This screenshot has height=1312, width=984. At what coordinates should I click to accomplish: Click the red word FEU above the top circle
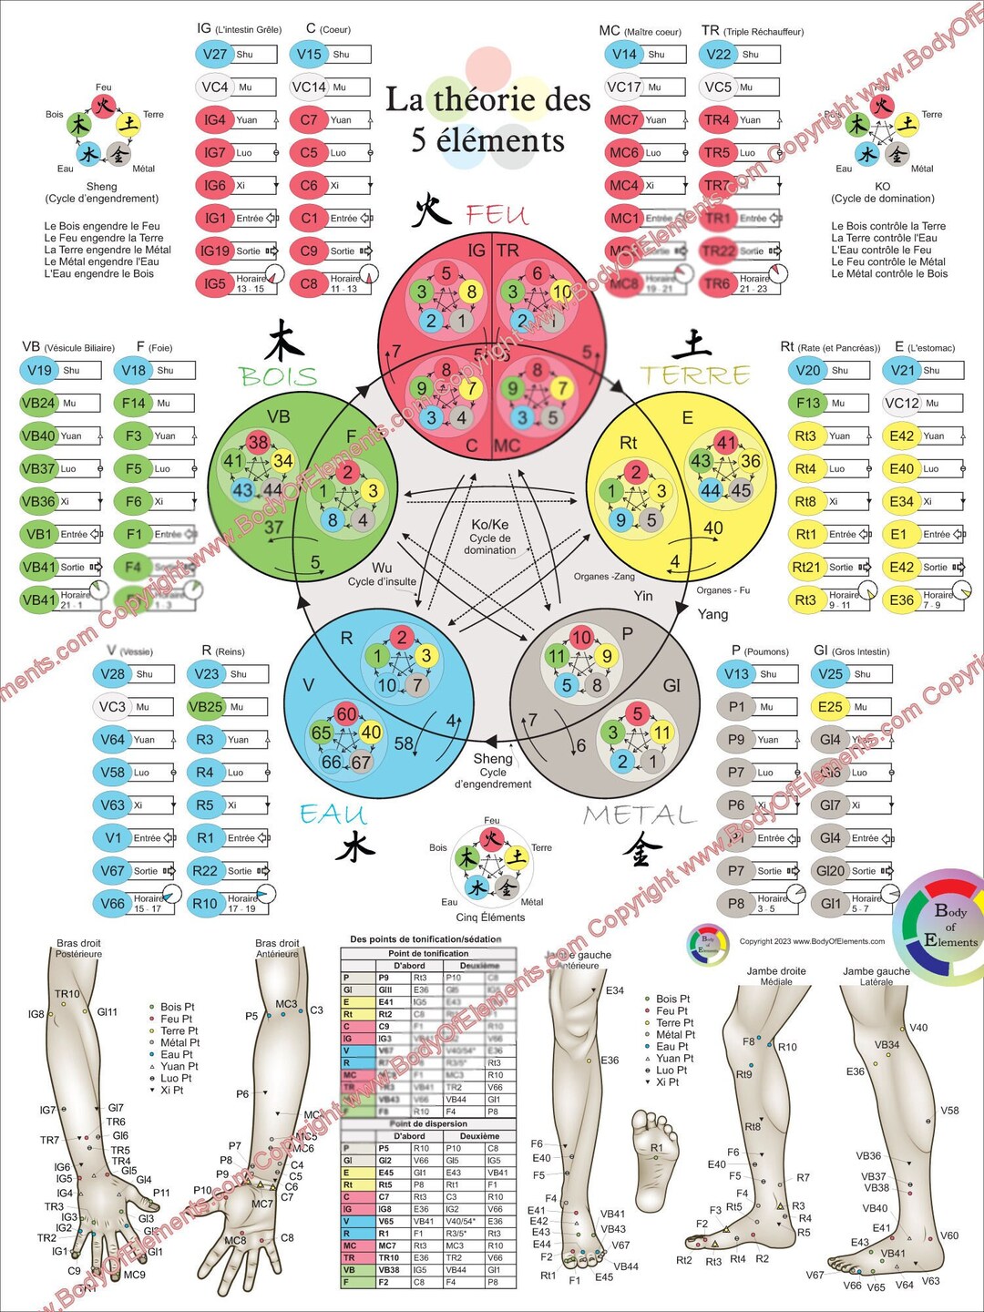[497, 215]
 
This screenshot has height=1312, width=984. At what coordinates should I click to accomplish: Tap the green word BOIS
[278, 376]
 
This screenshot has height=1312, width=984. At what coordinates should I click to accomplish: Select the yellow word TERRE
[695, 374]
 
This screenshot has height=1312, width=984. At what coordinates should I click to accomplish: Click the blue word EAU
[333, 814]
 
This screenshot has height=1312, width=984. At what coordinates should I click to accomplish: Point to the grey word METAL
[639, 814]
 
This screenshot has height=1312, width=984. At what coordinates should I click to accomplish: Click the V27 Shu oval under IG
[215, 54]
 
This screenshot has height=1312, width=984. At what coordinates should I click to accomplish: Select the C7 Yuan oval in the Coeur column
[310, 119]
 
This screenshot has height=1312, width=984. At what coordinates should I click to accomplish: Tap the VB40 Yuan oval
[38, 436]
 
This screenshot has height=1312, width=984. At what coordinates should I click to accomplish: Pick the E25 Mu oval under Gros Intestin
[830, 706]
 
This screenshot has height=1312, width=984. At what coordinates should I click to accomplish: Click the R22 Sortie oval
[205, 870]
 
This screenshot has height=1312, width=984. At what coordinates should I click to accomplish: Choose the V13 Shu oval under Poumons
[736, 673]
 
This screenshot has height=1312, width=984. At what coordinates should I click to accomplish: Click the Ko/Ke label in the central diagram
[490, 525]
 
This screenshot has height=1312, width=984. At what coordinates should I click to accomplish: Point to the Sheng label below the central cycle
[493, 758]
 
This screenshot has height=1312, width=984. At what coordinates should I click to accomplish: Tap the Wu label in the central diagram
[382, 568]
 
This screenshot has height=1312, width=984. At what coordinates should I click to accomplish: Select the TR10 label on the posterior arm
[67, 994]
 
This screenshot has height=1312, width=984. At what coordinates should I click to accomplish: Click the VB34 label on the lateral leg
[887, 1045]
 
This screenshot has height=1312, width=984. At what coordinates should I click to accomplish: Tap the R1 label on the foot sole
[657, 1148]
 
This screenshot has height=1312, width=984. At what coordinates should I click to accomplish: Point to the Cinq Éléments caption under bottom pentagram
[490, 917]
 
